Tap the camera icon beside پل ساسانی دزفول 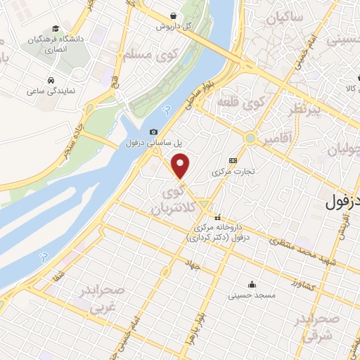pyautogui.click(x=154, y=131)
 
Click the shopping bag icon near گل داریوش pyautogui.click(x=174, y=15)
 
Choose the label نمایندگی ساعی pyautogui.click(x=46, y=91)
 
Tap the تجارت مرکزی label pyautogui.click(x=233, y=171)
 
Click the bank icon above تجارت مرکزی pyautogui.click(x=233, y=160)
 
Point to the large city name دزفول pyautogui.click(x=343, y=202)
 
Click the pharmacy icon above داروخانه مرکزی pyautogui.click(x=218, y=217)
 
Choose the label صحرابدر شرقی pyautogui.click(x=324, y=328)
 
